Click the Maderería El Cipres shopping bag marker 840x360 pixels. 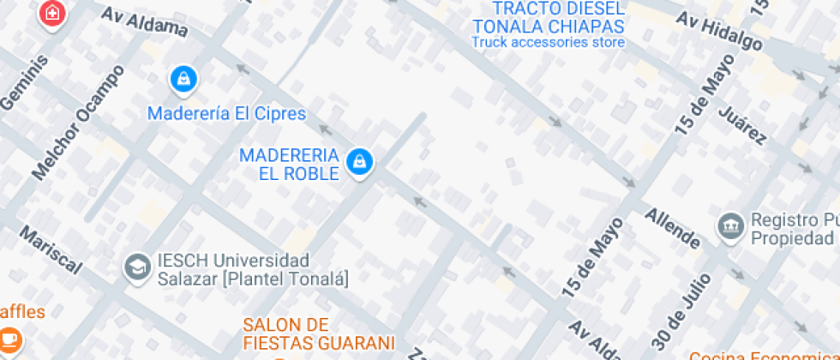[x=183, y=81]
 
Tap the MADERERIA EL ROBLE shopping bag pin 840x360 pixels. [x=359, y=160]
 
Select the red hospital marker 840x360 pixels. [x=52, y=13]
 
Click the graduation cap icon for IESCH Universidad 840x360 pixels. [x=136, y=267]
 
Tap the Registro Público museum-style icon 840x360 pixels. [x=731, y=226]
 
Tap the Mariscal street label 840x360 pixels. [x=51, y=249]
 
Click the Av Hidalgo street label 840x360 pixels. [x=719, y=31]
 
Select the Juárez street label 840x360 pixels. [x=742, y=124]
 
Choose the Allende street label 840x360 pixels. [x=674, y=228]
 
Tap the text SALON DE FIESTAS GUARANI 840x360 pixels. [x=318, y=333]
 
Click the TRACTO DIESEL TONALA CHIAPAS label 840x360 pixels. [x=548, y=16]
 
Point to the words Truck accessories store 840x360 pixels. [x=548, y=41]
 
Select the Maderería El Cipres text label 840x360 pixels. [x=226, y=113]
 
